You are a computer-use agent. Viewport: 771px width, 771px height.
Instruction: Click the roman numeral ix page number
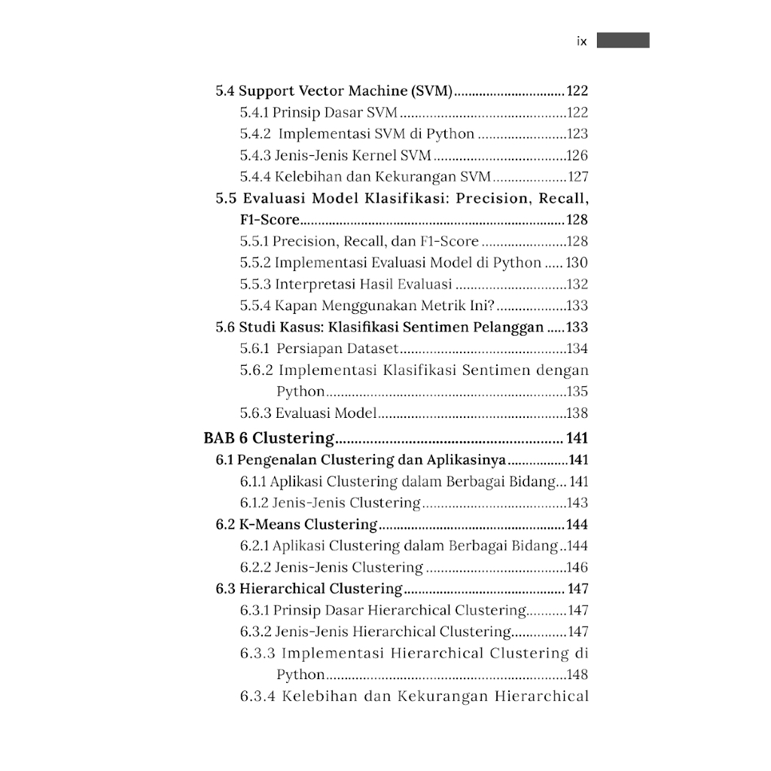click(x=581, y=41)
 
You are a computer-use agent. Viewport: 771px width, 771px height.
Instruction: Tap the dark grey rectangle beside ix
click(x=623, y=41)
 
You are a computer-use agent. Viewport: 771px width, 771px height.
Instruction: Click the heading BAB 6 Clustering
click(x=269, y=438)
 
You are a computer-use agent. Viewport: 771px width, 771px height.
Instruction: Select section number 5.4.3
click(x=255, y=156)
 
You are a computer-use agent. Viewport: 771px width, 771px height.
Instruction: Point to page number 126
click(x=577, y=156)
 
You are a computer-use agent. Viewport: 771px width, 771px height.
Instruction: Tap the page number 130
click(x=577, y=263)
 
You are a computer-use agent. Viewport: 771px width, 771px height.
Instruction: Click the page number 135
click(x=577, y=392)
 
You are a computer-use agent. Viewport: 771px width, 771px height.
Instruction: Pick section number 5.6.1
click(x=255, y=349)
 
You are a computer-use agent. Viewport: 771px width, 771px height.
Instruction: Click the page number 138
click(x=577, y=413)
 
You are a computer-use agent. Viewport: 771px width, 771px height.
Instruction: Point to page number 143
click(x=577, y=503)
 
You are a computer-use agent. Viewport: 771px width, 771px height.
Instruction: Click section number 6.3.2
click(x=255, y=632)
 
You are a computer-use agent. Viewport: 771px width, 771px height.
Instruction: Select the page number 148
click(x=577, y=675)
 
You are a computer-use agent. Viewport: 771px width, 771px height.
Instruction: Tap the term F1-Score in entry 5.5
click(x=270, y=220)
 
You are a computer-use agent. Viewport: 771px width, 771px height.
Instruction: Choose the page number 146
click(x=577, y=568)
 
